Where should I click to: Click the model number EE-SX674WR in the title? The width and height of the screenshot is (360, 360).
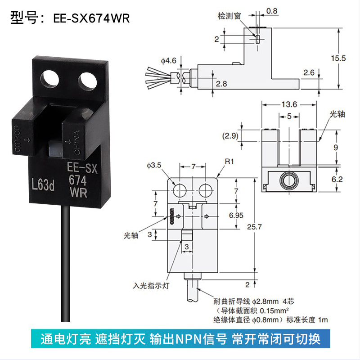point(91,18)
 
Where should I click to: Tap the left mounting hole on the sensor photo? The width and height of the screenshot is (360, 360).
point(49,81)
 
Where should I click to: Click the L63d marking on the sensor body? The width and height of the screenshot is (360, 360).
point(43,185)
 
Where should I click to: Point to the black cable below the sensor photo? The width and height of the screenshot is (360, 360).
point(66,264)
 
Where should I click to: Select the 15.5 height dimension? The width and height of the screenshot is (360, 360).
point(338,58)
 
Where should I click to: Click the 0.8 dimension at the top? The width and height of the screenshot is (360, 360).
point(272,11)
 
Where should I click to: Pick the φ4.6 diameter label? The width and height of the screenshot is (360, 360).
point(168,61)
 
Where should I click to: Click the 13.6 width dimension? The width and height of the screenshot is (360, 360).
point(289,105)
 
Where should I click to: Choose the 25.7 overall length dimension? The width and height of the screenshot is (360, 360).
point(254,227)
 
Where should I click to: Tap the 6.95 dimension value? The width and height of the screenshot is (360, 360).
point(236,216)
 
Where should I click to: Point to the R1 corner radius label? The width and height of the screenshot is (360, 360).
point(229,162)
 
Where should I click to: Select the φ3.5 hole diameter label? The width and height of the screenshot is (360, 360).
point(154,165)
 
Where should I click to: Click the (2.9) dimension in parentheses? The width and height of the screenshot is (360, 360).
point(230,136)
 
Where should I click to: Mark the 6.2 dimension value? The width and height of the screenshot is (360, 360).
point(337,179)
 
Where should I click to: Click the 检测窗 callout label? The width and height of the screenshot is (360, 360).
point(229,16)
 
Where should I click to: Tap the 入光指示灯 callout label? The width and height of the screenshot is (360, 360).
point(151,286)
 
